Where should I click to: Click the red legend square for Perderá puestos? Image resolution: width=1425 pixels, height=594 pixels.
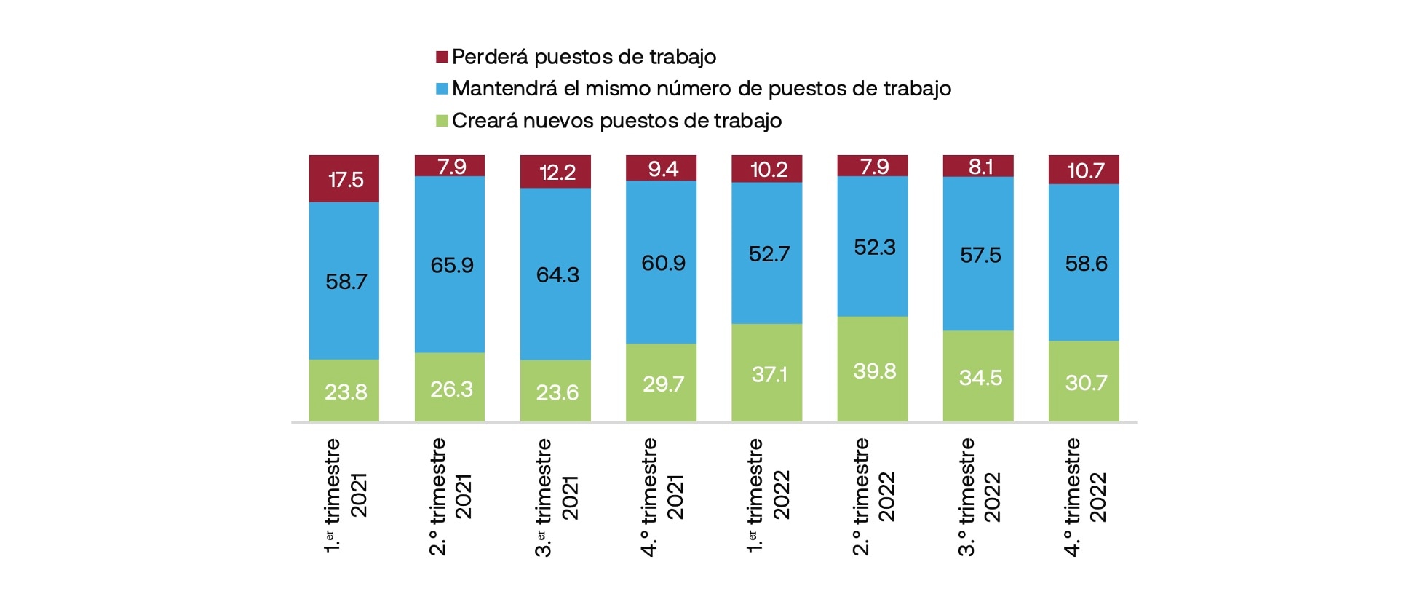point(442,57)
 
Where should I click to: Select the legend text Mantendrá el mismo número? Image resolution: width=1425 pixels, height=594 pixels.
point(701,89)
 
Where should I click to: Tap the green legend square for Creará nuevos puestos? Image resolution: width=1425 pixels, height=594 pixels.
point(442,121)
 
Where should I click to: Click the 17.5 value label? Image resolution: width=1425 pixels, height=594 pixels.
point(345,180)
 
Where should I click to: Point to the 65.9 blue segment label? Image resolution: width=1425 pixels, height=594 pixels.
point(451,265)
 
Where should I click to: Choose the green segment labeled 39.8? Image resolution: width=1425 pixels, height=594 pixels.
point(873,371)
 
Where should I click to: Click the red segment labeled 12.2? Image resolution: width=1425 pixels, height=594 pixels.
point(557,173)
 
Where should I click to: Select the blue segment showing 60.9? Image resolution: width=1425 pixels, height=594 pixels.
point(662,263)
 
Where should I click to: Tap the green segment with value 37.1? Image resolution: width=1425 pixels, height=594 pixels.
point(768,374)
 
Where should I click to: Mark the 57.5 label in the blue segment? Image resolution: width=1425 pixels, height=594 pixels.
point(980,256)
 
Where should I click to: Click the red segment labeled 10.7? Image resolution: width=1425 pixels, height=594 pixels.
point(1084,170)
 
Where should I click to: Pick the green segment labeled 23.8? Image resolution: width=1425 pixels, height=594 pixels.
point(345,392)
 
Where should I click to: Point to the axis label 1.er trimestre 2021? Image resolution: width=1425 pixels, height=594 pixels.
point(345,495)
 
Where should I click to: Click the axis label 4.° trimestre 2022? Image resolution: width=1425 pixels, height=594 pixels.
point(1084,496)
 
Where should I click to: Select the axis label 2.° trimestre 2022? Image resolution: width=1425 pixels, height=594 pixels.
point(873,496)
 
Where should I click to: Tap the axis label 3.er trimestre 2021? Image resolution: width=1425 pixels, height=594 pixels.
point(557,496)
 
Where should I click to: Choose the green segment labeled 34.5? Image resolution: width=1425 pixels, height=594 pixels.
point(980,378)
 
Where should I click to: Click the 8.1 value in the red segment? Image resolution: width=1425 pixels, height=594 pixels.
point(980,167)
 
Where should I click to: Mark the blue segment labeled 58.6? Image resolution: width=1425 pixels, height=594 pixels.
point(1085,264)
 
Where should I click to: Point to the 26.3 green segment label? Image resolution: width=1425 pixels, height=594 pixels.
point(451,389)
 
